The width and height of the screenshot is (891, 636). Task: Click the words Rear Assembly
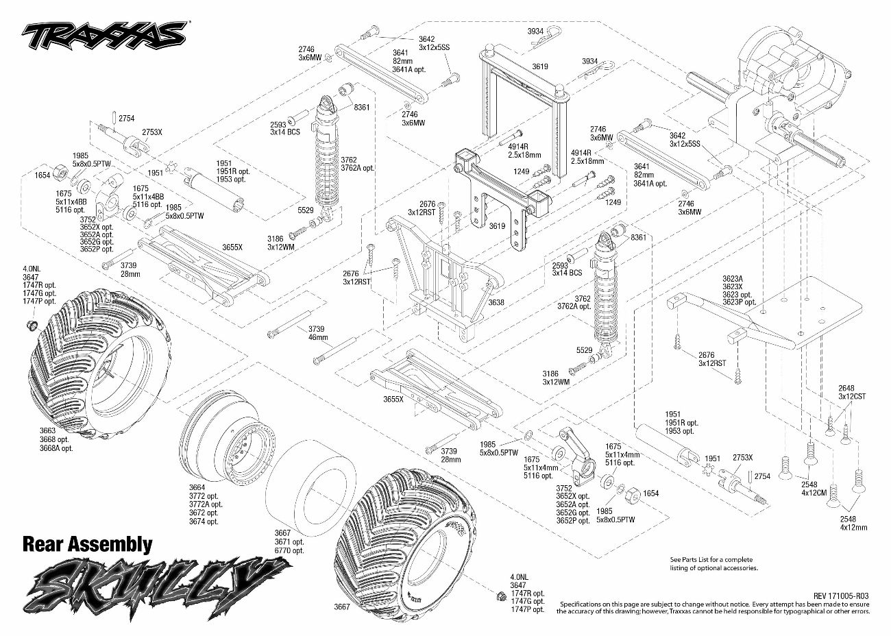pos(87,544)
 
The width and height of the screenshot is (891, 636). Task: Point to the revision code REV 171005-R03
pos(836,596)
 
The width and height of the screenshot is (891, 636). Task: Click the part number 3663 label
pos(47,431)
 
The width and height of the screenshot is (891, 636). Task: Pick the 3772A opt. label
pos(204,504)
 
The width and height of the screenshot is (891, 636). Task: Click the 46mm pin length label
pos(318,337)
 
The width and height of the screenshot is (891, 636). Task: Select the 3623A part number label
pos(733,279)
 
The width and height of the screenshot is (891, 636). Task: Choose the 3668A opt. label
pos(56,448)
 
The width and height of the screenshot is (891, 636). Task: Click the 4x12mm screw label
pos(853,527)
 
